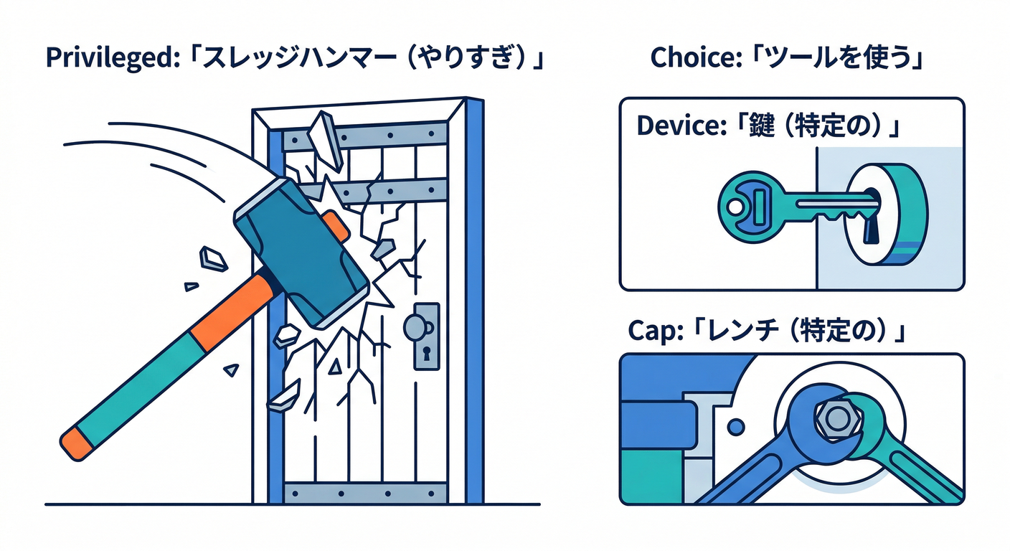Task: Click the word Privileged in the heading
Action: (x=103, y=59)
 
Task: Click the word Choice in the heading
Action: (x=688, y=59)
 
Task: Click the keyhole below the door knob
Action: (x=426, y=354)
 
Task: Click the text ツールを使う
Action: (x=832, y=59)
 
